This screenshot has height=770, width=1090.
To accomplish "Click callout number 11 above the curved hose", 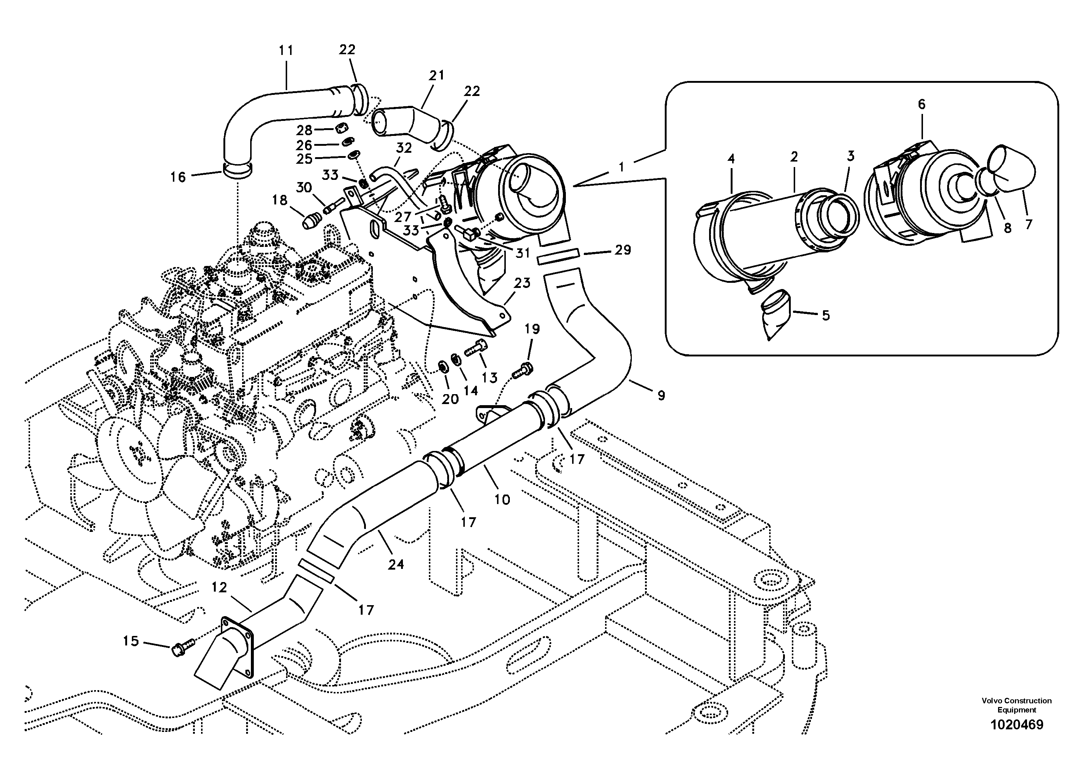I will point(286,50).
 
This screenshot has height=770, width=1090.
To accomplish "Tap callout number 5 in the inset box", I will point(826,316).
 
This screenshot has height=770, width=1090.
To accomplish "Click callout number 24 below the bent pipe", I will point(396,564).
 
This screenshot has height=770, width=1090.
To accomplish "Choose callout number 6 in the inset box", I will point(922,104).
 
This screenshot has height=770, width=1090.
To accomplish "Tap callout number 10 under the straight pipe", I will point(502,499).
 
